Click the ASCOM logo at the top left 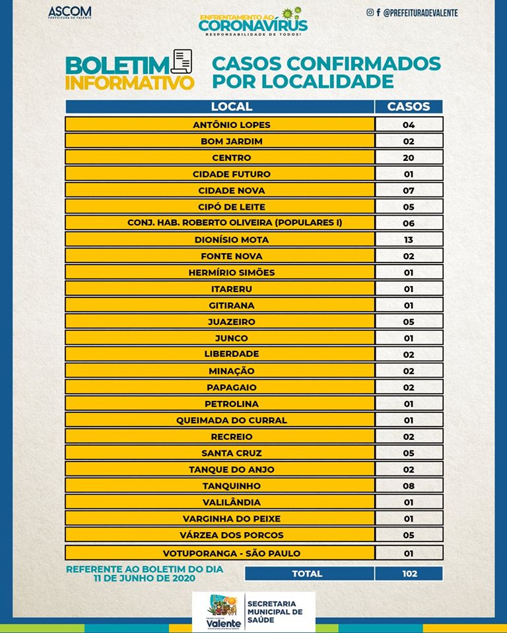coord(70,13)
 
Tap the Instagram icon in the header coord(370,13)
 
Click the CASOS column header coord(408,106)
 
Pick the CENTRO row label coord(231,158)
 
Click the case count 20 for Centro coord(409,158)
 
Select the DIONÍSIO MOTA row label coord(231,240)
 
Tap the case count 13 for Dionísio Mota coord(409,240)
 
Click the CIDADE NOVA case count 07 coord(409,191)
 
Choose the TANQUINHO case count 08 coord(409,486)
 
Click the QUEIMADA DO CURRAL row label coord(231,420)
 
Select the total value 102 coord(409,574)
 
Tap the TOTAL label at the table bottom coord(308,574)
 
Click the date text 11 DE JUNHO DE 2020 coord(145,578)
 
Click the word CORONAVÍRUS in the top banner coord(253,24)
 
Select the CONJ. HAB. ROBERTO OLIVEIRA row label coord(234,223)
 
